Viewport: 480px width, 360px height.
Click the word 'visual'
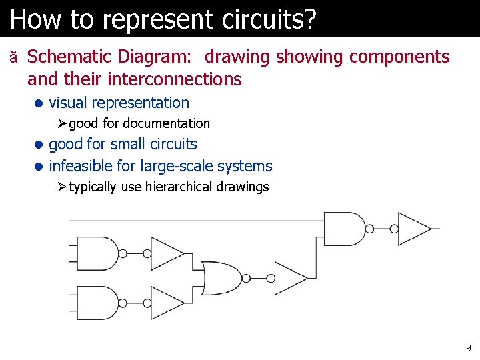(68, 103)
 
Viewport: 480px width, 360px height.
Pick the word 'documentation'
(166, 123)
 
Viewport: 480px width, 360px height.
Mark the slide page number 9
(468, 347)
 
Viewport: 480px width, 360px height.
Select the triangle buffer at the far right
(413, 229)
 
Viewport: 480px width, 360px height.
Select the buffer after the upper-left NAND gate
(166, 254)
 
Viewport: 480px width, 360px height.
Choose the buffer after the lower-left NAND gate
(166, 303)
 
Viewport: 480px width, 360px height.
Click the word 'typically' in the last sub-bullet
(93, 187)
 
